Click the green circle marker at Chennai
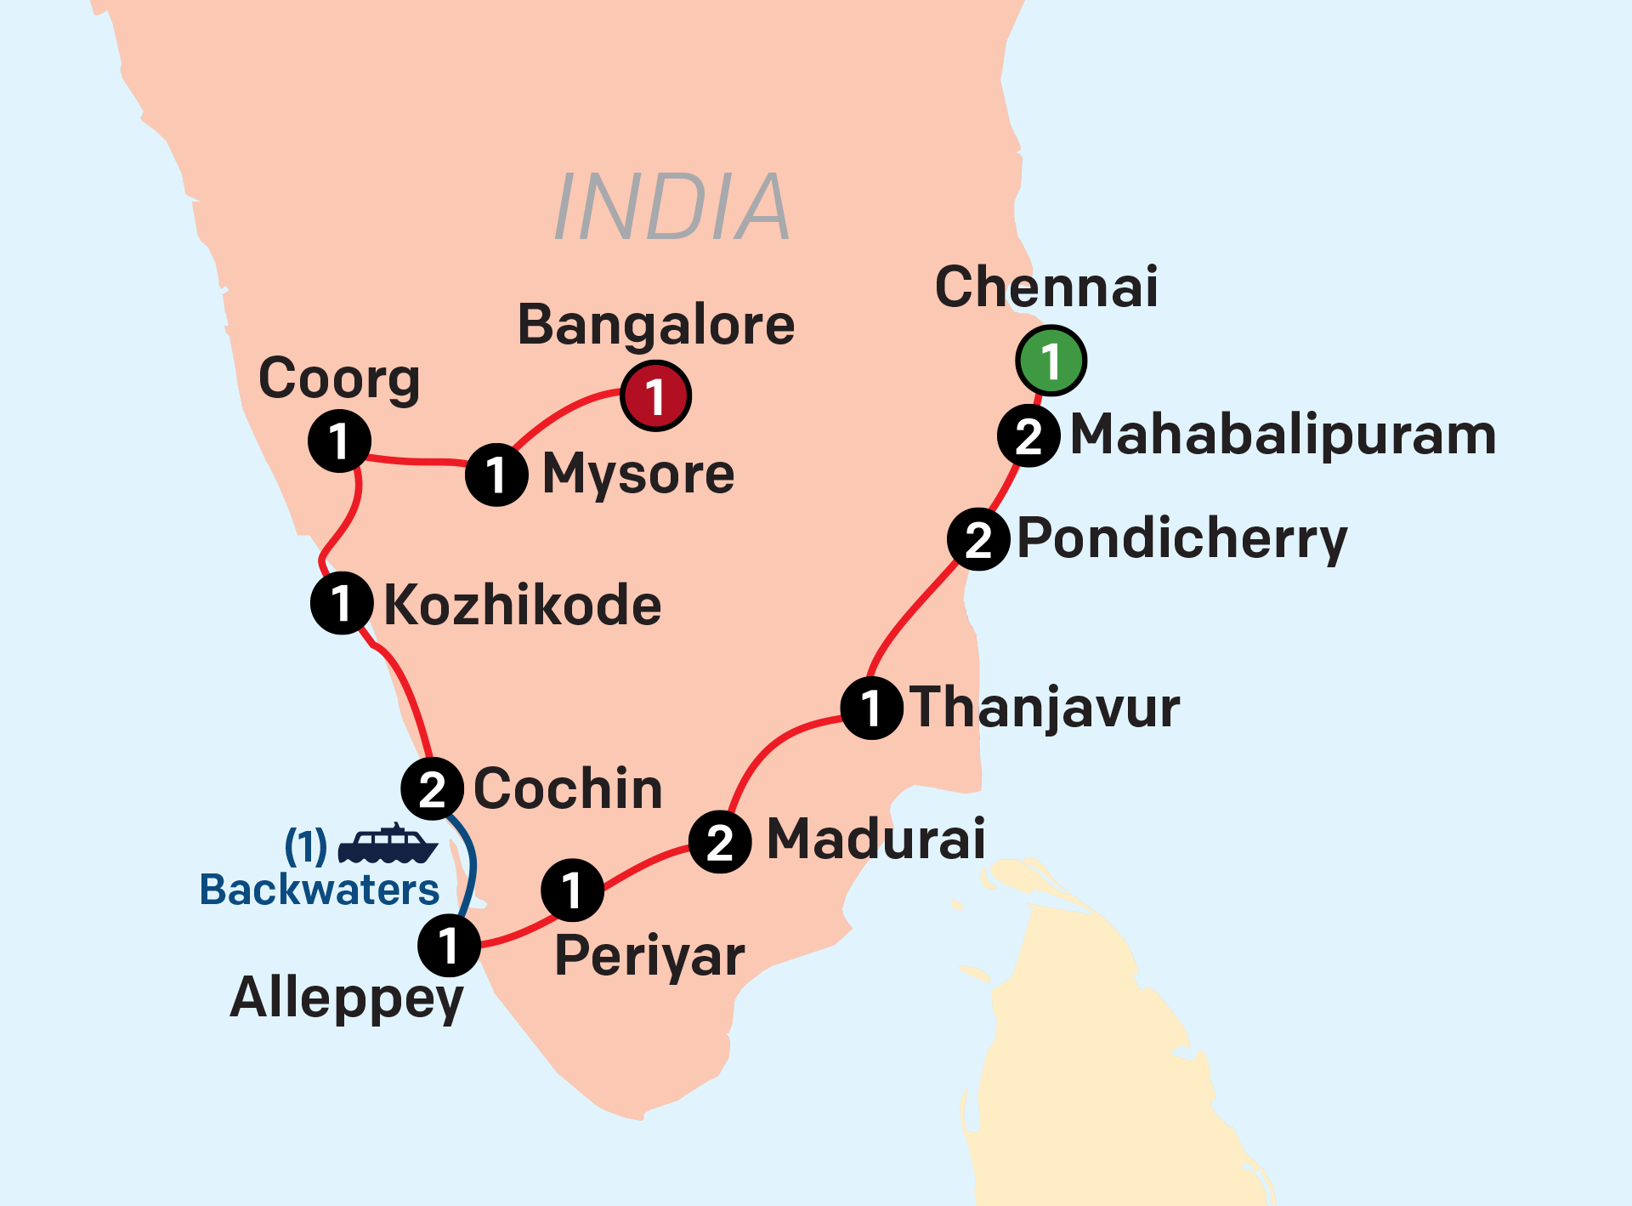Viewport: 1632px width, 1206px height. tap(1051, 361)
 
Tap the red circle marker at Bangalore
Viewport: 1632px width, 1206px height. tap(655, 395)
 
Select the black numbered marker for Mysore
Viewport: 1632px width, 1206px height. tap(497, 475)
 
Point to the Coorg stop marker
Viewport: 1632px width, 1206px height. tap(339, 441)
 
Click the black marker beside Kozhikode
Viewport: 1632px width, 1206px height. tap(342, 603)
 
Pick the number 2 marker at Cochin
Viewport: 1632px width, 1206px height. tap(432, 789)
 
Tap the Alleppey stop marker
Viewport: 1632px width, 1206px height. tap(449, 945)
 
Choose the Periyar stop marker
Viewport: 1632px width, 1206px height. tap(572, 890)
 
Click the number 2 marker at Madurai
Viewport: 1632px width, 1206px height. tap(720, 842)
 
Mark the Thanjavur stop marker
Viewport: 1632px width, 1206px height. tap(871, 708)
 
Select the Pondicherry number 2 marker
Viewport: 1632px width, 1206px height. tap(978, 539)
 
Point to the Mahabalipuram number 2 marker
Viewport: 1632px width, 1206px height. tap(1028, 436)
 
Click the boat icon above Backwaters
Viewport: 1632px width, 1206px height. tap(388, 844)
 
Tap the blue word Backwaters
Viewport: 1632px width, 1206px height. tap(319, 890)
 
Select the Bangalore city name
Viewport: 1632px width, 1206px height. tap(656, 325)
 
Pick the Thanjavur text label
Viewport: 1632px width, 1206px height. tap(1045, 708)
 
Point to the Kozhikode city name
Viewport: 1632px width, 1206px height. tap(522, 605)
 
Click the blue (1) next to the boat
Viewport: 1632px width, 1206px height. tap(305, 845)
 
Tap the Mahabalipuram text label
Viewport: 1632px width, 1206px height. tap(1283, 435)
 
